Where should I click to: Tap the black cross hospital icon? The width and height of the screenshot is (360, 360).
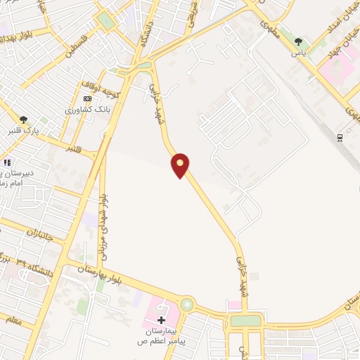[162, 320]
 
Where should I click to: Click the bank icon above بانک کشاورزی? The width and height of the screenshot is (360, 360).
[87, 99]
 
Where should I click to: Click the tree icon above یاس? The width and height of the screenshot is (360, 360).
[298, 41]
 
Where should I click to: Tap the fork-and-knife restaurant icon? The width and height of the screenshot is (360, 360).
[7, 163]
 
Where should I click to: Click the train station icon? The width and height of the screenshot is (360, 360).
[340, 137]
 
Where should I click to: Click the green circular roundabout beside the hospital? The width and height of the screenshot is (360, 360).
[187, 305]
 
